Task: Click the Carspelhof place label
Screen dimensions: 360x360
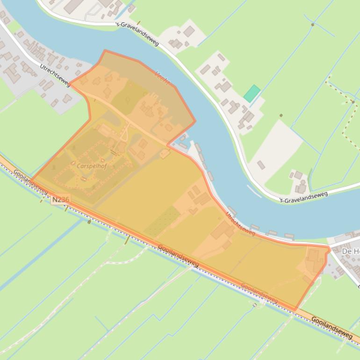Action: (92, 166)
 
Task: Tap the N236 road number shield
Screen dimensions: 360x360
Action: (60, 200)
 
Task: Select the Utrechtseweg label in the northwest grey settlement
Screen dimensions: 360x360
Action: (55, 75)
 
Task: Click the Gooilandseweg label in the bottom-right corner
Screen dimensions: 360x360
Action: (331, 327)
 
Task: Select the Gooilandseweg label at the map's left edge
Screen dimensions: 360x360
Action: (30, 181)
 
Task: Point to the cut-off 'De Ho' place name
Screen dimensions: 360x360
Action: (350, 252)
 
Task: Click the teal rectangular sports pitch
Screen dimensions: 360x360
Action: (252, 94)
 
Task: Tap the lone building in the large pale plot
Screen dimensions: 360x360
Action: (261, 165)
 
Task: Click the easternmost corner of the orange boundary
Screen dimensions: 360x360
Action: (330, 249)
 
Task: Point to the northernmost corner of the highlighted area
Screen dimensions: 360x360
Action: (105, 50)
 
